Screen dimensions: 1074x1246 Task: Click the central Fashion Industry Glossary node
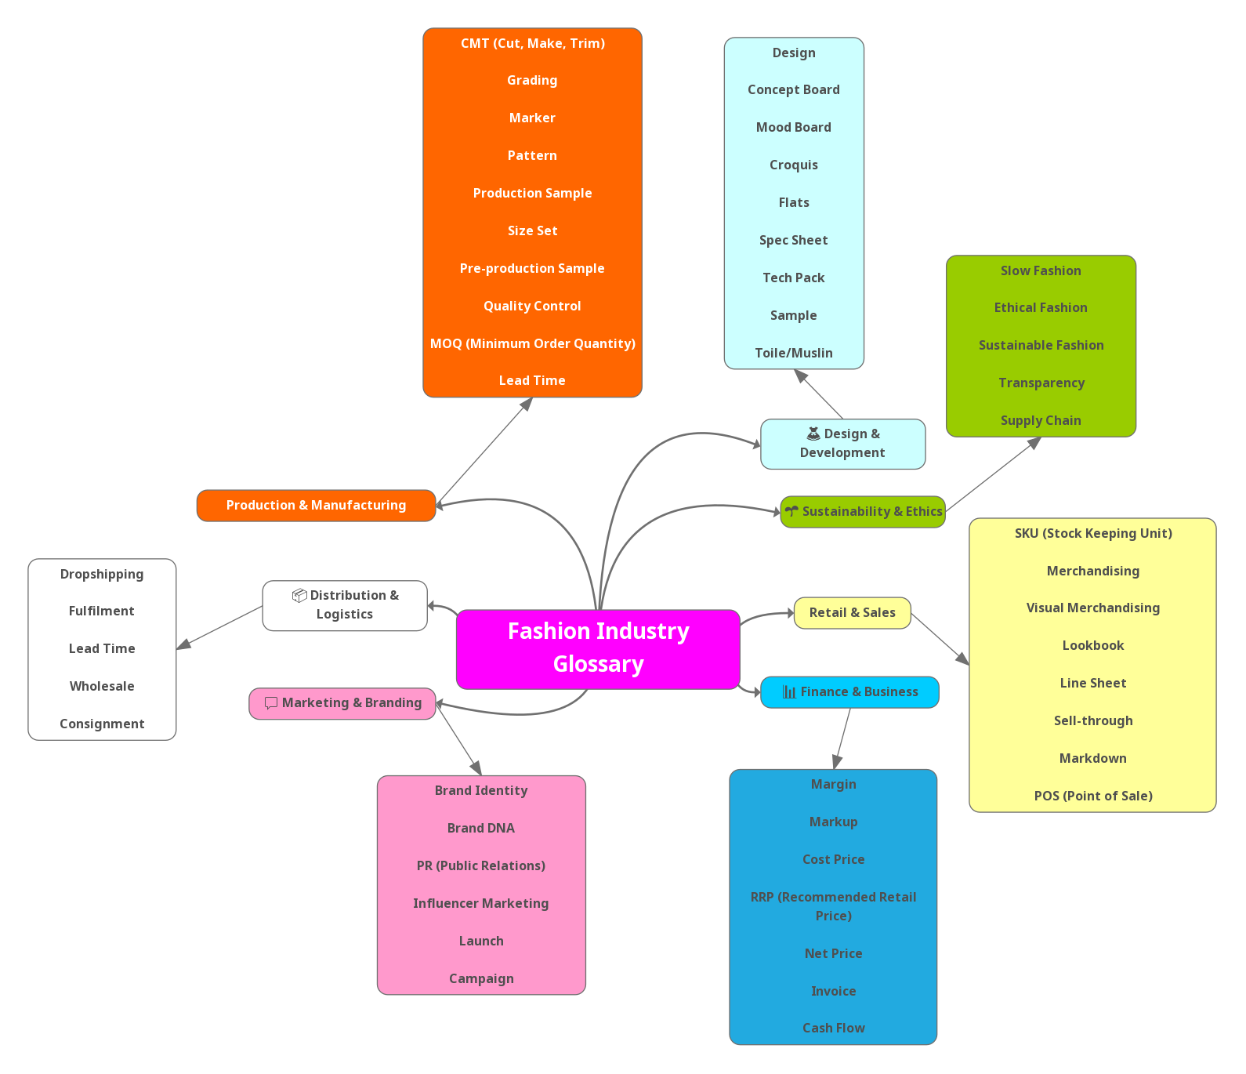(x=598, y=648)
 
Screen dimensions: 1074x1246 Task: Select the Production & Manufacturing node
(x=316, y=506)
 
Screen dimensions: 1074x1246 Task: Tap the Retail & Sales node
(x=852, y=613)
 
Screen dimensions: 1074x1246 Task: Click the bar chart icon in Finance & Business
(x=789, y=692)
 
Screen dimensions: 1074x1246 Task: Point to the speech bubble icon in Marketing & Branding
(x=271, y=703)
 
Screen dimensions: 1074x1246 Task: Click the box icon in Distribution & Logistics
(x=299, y=596)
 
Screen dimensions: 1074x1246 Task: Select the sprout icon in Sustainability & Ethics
(x=791, y=511)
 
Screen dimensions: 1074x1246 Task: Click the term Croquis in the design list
(x=793, y=165)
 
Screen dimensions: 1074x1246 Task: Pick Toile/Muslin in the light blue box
(x=793, y=354)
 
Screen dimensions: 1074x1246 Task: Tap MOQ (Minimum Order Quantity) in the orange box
(x=532, y=343)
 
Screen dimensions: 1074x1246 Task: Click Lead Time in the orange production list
(x=532, y=381)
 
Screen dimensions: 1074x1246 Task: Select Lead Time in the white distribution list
(x=102, y=649)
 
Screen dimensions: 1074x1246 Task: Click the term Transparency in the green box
(x=1041, y=383)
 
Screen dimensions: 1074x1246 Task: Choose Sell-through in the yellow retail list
(x=1092, y=721)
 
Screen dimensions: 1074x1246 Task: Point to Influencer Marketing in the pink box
(x=480, y=904)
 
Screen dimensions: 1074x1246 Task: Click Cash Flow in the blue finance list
(x=833, y=1029)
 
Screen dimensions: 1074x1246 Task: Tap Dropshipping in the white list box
(x=102, y=575)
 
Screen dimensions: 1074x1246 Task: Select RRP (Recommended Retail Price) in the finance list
(x=833, y=906)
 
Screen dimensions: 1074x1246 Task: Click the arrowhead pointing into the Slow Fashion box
(x=1034, y=444)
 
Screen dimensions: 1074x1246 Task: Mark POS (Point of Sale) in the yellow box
(x=1092, y=796)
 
